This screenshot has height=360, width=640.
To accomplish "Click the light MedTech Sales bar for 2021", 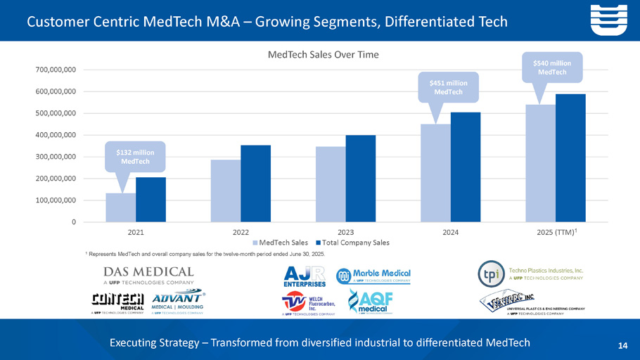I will click(x=120, y=207).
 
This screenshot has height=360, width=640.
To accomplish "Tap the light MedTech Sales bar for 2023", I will click(x=331, y=184).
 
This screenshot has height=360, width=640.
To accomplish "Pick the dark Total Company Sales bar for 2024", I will click(x=466, y=167).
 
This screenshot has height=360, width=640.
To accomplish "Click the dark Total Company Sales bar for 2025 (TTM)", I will click(x=570, y=158).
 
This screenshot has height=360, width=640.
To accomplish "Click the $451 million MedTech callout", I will click(x=448, y=86).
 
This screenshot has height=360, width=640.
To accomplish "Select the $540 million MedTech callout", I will click(x=552, y=67).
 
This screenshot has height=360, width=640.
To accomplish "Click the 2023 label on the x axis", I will click(x=345, y=231).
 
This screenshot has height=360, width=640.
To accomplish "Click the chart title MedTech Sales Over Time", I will click(x=320, y=55).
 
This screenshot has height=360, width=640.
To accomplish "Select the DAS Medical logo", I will click(x=148, y=274).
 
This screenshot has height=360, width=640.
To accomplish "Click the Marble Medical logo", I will click(x=373, y=276).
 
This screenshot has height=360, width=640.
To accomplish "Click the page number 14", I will click(x=622, y=345).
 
